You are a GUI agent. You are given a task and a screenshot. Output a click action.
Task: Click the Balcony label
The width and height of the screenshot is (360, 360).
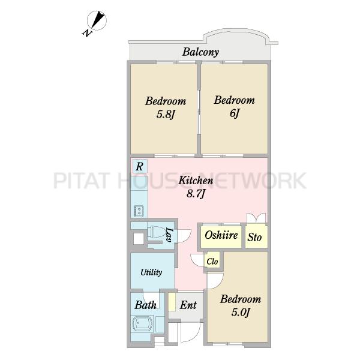coord(200,52)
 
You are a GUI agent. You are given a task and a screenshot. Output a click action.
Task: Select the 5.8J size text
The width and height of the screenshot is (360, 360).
coord(166,114)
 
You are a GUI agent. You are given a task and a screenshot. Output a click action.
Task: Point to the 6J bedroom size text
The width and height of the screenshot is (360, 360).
coord(235,113)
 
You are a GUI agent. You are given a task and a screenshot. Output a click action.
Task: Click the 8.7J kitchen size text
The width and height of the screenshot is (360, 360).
coord(196,194)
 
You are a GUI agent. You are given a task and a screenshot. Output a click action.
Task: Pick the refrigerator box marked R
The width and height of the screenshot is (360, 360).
coord(140,166)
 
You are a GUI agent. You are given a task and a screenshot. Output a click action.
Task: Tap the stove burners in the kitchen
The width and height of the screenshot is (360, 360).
coord(137,211)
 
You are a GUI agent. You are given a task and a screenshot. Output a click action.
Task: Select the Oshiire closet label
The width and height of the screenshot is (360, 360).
coord(221,235)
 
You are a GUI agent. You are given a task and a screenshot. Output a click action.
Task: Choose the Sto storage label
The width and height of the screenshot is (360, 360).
coord(254,237)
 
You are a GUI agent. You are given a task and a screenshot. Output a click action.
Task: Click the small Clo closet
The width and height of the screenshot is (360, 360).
coord(212,261)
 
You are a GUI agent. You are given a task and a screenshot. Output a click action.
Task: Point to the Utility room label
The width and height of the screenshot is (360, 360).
coord(151,272)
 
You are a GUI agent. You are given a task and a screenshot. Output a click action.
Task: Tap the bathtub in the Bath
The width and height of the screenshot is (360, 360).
coord(143,323)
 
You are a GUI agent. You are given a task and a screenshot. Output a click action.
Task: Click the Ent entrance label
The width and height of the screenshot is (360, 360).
coord(188,305)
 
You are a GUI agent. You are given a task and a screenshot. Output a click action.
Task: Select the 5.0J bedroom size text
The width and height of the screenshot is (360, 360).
coord(241,312)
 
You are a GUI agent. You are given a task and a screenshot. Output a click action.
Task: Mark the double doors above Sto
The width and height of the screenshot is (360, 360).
coord(256,218)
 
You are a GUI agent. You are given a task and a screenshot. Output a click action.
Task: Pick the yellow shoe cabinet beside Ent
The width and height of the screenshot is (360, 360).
coord(172,302)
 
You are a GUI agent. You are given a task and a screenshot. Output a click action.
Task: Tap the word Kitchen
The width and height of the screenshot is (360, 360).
coord(196,181)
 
